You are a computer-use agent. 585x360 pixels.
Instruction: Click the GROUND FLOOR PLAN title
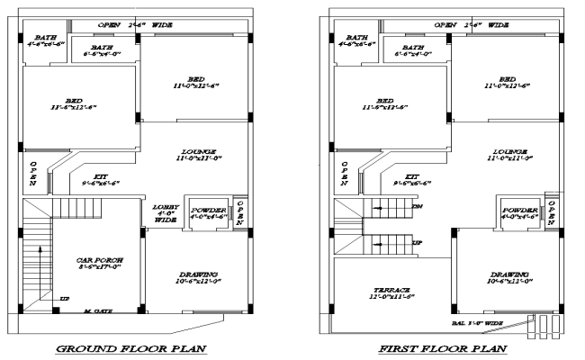pos(132,348)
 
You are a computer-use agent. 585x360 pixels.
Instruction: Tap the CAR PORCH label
pos(99,264)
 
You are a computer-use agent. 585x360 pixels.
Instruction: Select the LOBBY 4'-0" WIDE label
pos(165,212)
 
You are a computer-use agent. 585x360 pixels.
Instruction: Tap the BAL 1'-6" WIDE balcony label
pos(480,320)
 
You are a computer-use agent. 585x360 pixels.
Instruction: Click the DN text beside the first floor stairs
pos(416,206)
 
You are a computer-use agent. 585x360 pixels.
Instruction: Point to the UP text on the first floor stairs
pos(416,243)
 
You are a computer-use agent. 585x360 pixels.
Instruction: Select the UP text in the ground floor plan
pos(63,299)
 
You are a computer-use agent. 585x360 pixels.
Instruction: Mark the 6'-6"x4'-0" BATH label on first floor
pos(414,50)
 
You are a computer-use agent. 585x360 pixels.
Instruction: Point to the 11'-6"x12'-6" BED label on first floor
pos(385,103)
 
